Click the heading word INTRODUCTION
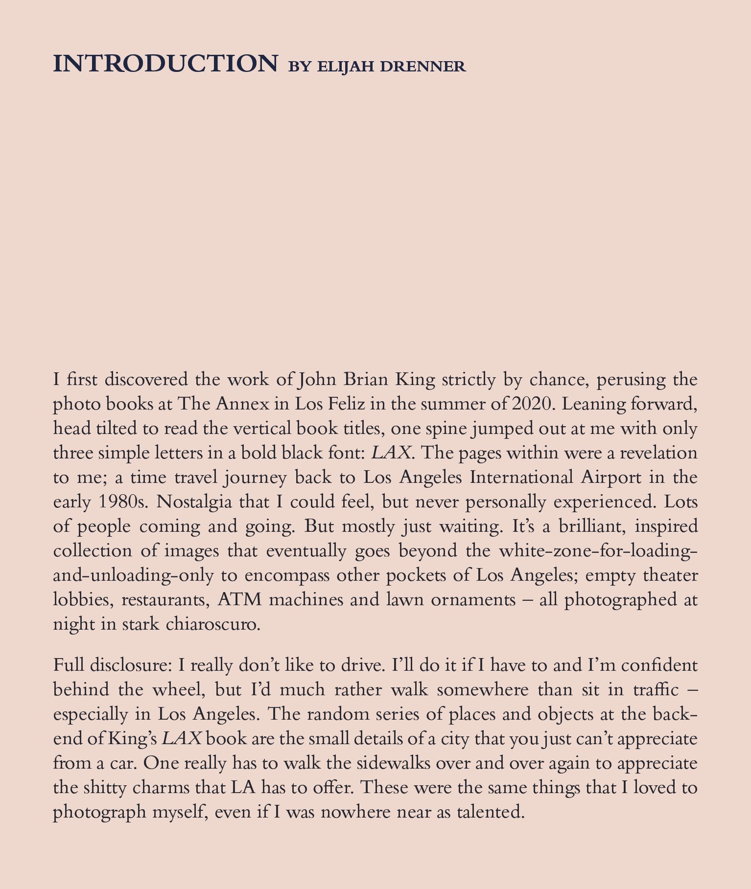[x=165, y=64]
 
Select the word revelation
[x=658, y=453]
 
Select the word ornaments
[x=473, y=600]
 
